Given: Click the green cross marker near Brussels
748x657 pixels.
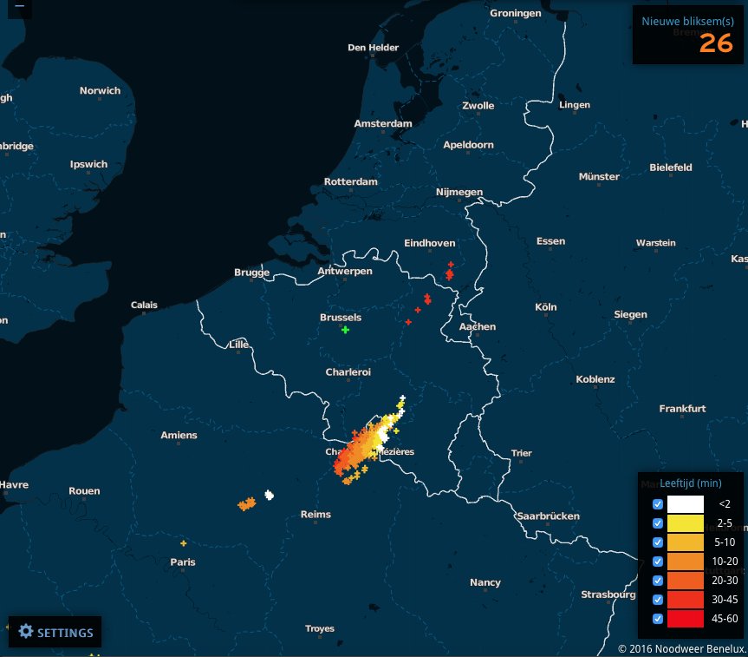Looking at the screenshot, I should [x=346, y=330].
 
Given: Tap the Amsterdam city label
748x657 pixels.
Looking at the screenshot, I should [x=382, y=124].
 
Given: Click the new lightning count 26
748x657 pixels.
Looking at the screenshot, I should [x=716, y=43].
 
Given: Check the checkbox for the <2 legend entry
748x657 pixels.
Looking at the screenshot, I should [x=657, y=503].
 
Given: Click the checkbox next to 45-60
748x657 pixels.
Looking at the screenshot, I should [x=657, y=618].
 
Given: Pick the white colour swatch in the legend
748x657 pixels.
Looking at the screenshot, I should [x=686, y=503].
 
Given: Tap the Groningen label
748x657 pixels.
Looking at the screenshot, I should [x=515, y=14].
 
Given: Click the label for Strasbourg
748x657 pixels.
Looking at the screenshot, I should [x=608, y=595].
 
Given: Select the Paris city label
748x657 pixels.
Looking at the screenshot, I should [x=183, y=562].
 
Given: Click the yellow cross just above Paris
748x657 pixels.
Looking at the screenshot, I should [x=183, y=543].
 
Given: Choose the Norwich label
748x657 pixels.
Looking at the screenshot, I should [x=101, y=90].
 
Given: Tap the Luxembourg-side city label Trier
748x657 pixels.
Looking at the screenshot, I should [x=521, y=453].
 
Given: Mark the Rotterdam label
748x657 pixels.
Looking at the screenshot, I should [x=350, y=182].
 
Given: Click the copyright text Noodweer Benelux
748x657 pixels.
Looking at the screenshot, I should [x=682, y=648].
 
